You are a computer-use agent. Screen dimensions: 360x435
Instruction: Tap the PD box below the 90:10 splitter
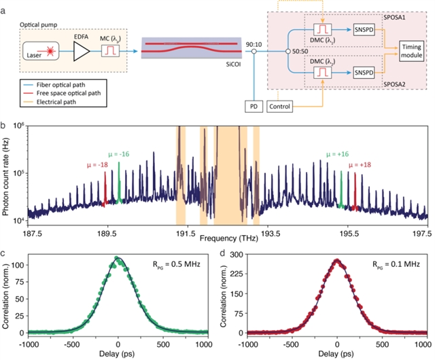pyautogui.click(x=253, y=107)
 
